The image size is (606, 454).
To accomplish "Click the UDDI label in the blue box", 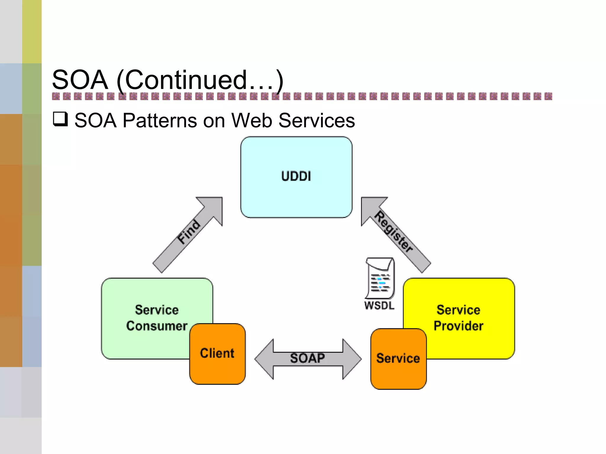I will point(296,176).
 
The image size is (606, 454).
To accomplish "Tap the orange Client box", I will point(217,354).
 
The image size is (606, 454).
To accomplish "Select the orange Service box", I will point(398,359).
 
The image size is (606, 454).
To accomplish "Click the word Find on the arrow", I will point(189,232).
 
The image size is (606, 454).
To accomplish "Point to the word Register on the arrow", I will point(394,232).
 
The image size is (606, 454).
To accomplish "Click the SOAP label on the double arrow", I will point(307,358).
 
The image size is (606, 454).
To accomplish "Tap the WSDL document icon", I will point(380,278).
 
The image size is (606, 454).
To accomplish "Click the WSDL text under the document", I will point(379,306).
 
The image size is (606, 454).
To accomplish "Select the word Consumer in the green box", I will point(157,326).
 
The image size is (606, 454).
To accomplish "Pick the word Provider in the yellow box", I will point(458,326).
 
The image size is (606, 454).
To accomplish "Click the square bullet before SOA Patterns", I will point(60,119).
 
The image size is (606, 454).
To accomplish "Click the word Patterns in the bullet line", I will point(160,121).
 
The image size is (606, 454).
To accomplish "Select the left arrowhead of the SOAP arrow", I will point(264,359).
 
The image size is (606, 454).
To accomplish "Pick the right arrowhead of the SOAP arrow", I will point(352,359).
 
